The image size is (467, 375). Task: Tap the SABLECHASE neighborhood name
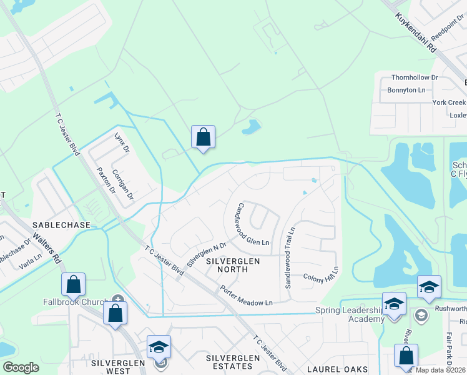click(x=62, y=224)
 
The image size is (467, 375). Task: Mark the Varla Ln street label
click(x=30, y=257)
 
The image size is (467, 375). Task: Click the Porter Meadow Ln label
click(x=246, y=296)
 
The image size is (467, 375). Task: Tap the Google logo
click(x=21, y=367)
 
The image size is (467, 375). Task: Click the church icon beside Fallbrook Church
click(x=117, y=298)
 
